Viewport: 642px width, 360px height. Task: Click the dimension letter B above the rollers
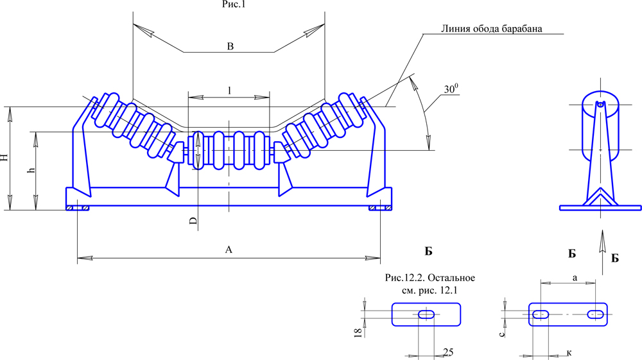pyautogui.click(x=230, y=46)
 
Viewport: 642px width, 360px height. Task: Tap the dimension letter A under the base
pyautogui.click(x=229, y=251)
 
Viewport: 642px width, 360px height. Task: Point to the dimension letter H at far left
pyautogui.click(x=5, y=158)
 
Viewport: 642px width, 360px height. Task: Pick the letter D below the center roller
pyautogui.click(x=193, y=221)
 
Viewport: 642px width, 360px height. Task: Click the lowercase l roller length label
pyautogui.click(x=229, y=90)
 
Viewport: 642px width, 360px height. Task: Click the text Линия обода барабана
pyautogui.click(x=492, y=29)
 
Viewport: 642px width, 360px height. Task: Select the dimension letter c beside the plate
pyautogui.click(x=505, y=332)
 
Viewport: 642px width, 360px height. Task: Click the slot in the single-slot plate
pyautogui.click(x=426, y=314)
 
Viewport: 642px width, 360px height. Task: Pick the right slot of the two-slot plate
pyautogui.click(x=595, y=314)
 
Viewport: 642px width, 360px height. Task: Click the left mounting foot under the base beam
pyautogui.click(x=77, y=208)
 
